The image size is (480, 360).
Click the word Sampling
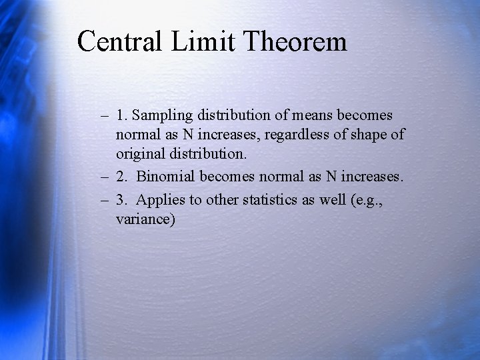(167, 116)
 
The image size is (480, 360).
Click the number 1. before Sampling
(121, 116)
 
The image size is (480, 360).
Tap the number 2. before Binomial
(121, 178)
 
